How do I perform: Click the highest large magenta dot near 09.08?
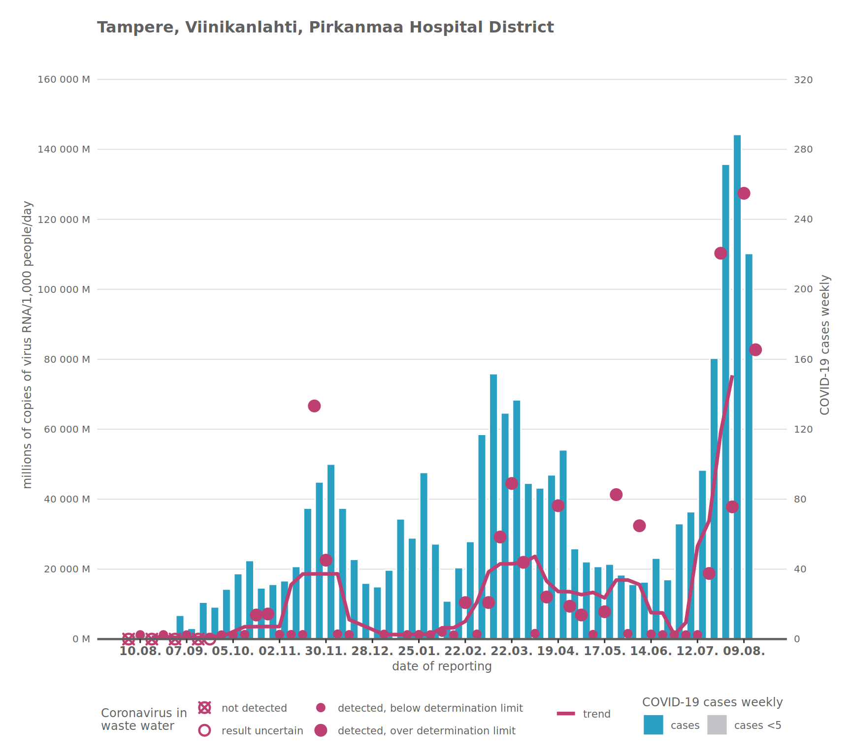point(744,193)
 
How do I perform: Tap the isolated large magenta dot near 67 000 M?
point(314,406)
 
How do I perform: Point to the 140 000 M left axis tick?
point(64,150)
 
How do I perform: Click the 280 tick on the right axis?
point(803,150)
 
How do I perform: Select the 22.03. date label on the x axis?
point(511,652)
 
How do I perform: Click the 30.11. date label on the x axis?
point(326,652)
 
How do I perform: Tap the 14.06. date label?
point(651,652)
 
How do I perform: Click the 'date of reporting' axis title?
point(442,666)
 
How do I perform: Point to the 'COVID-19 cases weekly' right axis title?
point(825,345)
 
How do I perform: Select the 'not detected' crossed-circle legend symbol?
point(204,708)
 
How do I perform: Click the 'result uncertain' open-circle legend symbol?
point(204,730)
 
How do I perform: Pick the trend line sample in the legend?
point(566,714)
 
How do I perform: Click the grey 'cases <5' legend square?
point(717,725)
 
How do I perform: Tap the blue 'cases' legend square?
point(653,725)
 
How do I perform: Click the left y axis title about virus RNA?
point(28,345)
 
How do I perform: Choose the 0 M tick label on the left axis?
point(81,639)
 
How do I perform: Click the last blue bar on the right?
point(749,446)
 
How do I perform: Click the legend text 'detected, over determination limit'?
point(426,731)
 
